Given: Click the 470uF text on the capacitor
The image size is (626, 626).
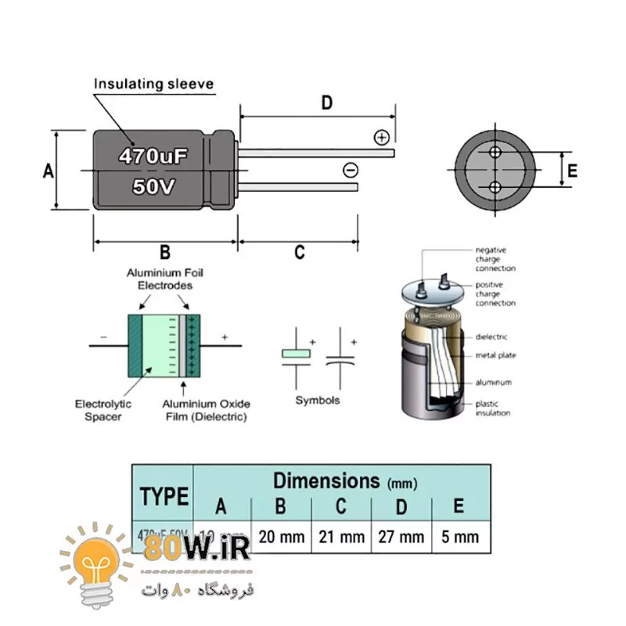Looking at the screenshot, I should tap(153, 156).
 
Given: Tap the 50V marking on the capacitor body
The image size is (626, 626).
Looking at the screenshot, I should tap(153, 187).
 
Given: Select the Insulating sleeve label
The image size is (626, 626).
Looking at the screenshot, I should tap(153, 84).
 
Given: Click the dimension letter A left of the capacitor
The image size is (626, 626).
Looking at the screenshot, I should tap(48, 171).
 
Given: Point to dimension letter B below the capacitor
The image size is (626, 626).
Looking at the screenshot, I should tap(165, 252).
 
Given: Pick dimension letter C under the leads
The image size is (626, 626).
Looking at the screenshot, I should tap(299, 252).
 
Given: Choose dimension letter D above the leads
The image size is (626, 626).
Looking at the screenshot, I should tap(327, 103).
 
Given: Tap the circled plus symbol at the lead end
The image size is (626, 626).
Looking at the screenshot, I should tap(382, 138).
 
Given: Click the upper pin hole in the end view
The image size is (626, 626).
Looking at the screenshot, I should tap(495, 152).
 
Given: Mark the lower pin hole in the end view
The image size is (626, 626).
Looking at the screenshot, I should tap(495, 187).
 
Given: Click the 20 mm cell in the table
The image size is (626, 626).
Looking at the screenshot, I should tap(281, 537).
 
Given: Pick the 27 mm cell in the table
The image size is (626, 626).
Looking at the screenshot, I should tap(401, 537).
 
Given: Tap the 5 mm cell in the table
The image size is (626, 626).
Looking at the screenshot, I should tap(460, 537).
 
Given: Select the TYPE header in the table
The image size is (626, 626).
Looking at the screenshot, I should tap(164, 495).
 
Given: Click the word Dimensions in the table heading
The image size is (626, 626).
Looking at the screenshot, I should tap(325, 480).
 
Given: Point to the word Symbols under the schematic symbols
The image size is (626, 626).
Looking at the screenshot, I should tap(318, 400).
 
